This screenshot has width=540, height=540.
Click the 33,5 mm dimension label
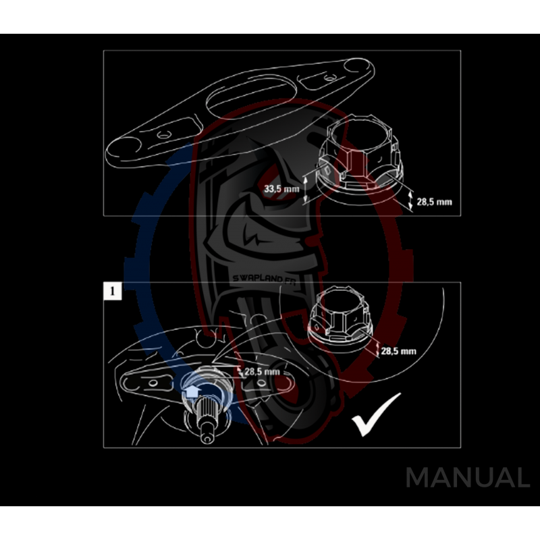click(x=281, y=188)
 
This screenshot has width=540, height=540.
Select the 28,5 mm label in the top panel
click(x=433, y=201)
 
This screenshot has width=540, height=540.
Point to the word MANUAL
click(x=467, y=477)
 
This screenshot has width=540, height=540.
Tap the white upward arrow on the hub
click(x=191, y=390)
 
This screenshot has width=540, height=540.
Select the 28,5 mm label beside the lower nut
click(x=398, y=351)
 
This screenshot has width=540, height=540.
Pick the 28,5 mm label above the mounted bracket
click(x=261, y=371)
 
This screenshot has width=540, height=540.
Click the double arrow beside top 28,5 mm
click(x=412, y=200)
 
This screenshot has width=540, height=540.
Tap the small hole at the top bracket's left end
click(x=162, y=136)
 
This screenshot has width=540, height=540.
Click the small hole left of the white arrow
click(x=153, y=383)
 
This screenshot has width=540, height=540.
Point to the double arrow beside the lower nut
click(x=375, y=350)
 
